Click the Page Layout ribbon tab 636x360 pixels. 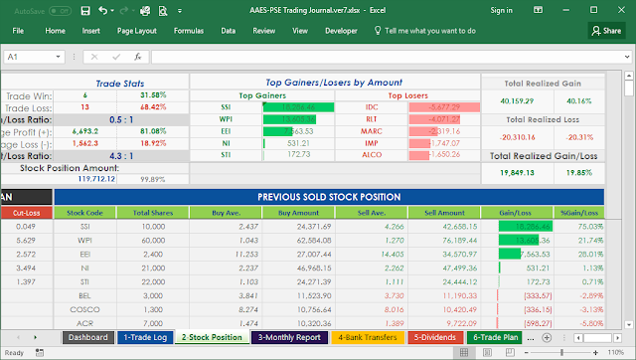point(136,31)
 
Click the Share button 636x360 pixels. point(605,31)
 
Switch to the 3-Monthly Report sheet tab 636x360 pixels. point(288,337)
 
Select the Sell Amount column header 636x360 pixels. point(444,212)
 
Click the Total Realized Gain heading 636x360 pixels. point(543,84)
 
